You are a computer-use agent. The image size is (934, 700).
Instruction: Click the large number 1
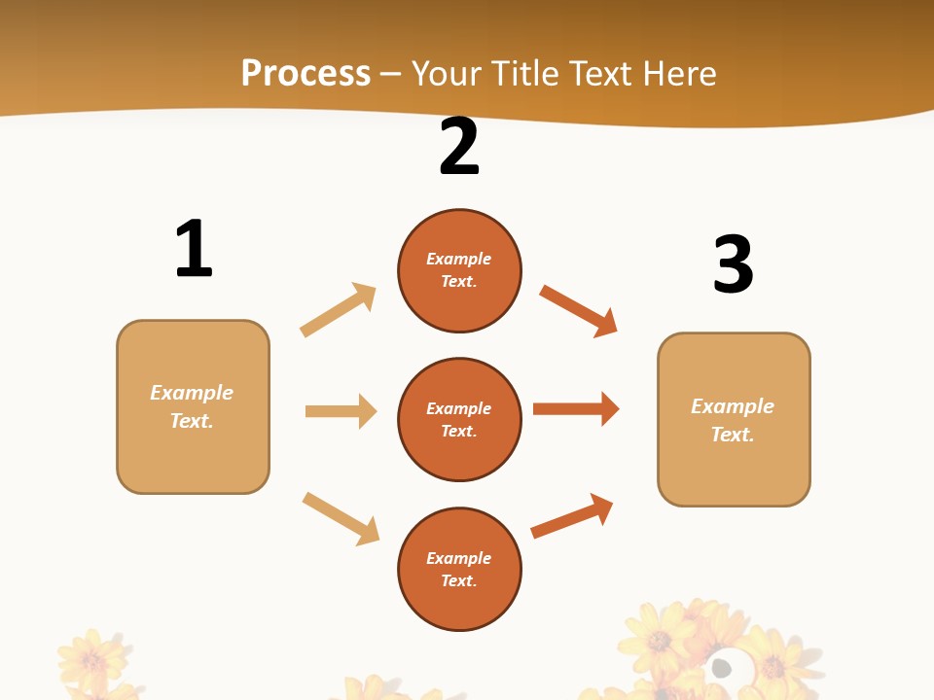[x=194, y=249]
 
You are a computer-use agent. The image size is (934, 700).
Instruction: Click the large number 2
[x=459, y=147]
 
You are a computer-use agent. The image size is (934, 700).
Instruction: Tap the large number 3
[x=733, y=264]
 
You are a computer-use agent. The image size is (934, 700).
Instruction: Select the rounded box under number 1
[x=193, y=406]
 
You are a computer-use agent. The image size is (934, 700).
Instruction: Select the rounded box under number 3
[x=734, y=419]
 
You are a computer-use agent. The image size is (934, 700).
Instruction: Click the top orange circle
[x=459, y=270]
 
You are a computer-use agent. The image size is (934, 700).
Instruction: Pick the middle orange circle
[x=459, y=419]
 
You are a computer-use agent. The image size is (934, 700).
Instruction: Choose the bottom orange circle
[x=459, y=569]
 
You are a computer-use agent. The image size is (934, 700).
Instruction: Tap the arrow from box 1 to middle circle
[x=341, y=411]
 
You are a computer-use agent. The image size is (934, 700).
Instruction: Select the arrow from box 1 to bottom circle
[x=341, y=518]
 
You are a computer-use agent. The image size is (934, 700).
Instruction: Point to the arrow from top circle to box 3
[x=578, y=311]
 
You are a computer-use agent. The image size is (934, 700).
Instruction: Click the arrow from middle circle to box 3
[x=576, y=408]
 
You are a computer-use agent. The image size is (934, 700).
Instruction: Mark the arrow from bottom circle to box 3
[x=572, y=516]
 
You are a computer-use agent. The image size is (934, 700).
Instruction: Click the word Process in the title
[x=305, y=73]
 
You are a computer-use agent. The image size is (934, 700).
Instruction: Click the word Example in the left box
[x=192, y=393]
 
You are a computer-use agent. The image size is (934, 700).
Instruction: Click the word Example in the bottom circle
[x=459, y=558]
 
